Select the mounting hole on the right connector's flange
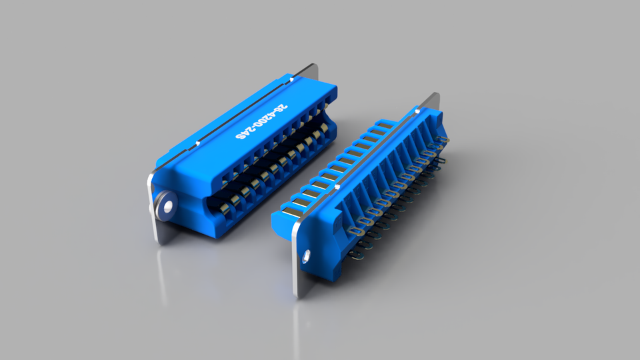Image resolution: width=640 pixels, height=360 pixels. [x=307, y=255]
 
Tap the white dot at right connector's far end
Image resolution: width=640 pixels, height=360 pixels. [x=418, y=107]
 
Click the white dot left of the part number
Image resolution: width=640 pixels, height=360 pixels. [x=199, y=143]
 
